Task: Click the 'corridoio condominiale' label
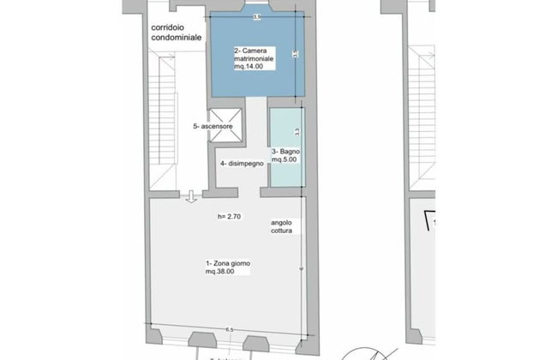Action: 177,32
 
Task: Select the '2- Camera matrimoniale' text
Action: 255,55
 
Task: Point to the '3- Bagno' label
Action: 285,153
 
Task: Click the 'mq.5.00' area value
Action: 284,160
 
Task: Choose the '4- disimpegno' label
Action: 241,164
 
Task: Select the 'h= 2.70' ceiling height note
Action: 231,218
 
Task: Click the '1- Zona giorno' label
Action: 226,263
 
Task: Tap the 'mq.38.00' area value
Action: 222,272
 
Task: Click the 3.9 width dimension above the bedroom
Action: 257,16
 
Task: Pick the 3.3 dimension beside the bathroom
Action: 296,132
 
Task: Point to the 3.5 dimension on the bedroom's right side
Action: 295,55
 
